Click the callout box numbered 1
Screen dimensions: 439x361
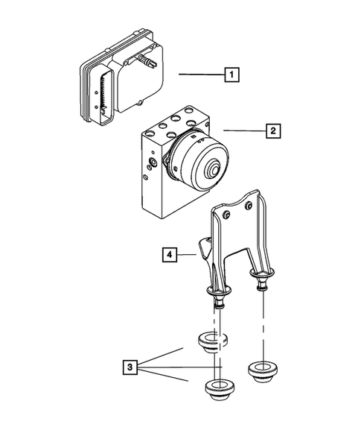(x=232, y=75)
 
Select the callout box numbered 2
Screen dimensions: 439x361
(x=274, y=131)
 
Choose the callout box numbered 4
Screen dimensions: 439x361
(x=170, y=255)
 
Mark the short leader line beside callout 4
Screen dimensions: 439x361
(x=188, y=255)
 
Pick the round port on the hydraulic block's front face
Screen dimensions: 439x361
(x=153, y=161)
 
